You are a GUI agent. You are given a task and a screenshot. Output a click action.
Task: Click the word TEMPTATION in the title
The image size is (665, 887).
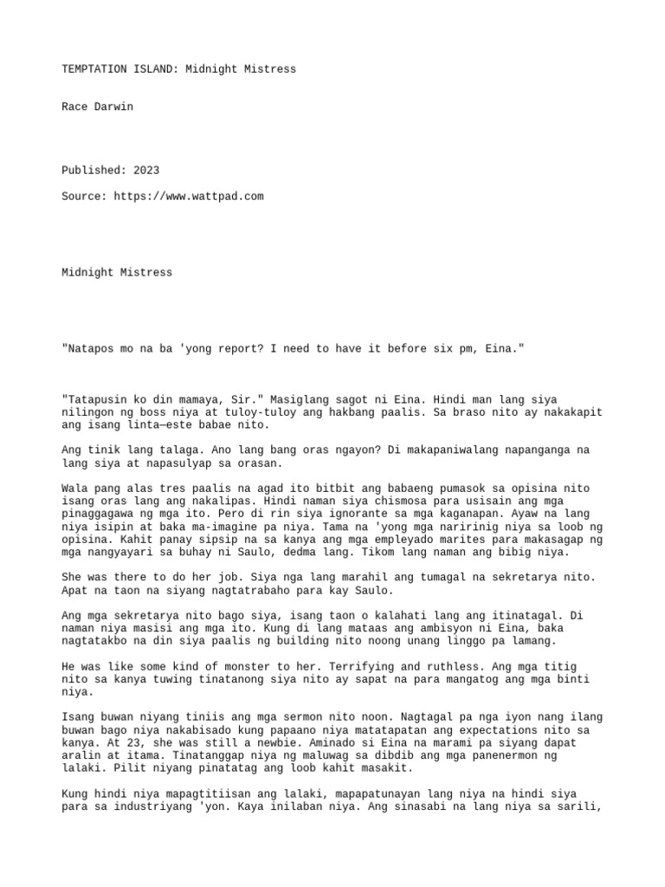click(x=95, y=68)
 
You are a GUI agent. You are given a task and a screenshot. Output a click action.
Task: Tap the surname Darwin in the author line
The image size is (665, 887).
click(x=113, y=107)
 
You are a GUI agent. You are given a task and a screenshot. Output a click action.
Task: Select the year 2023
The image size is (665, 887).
click(x=145, y=171)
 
